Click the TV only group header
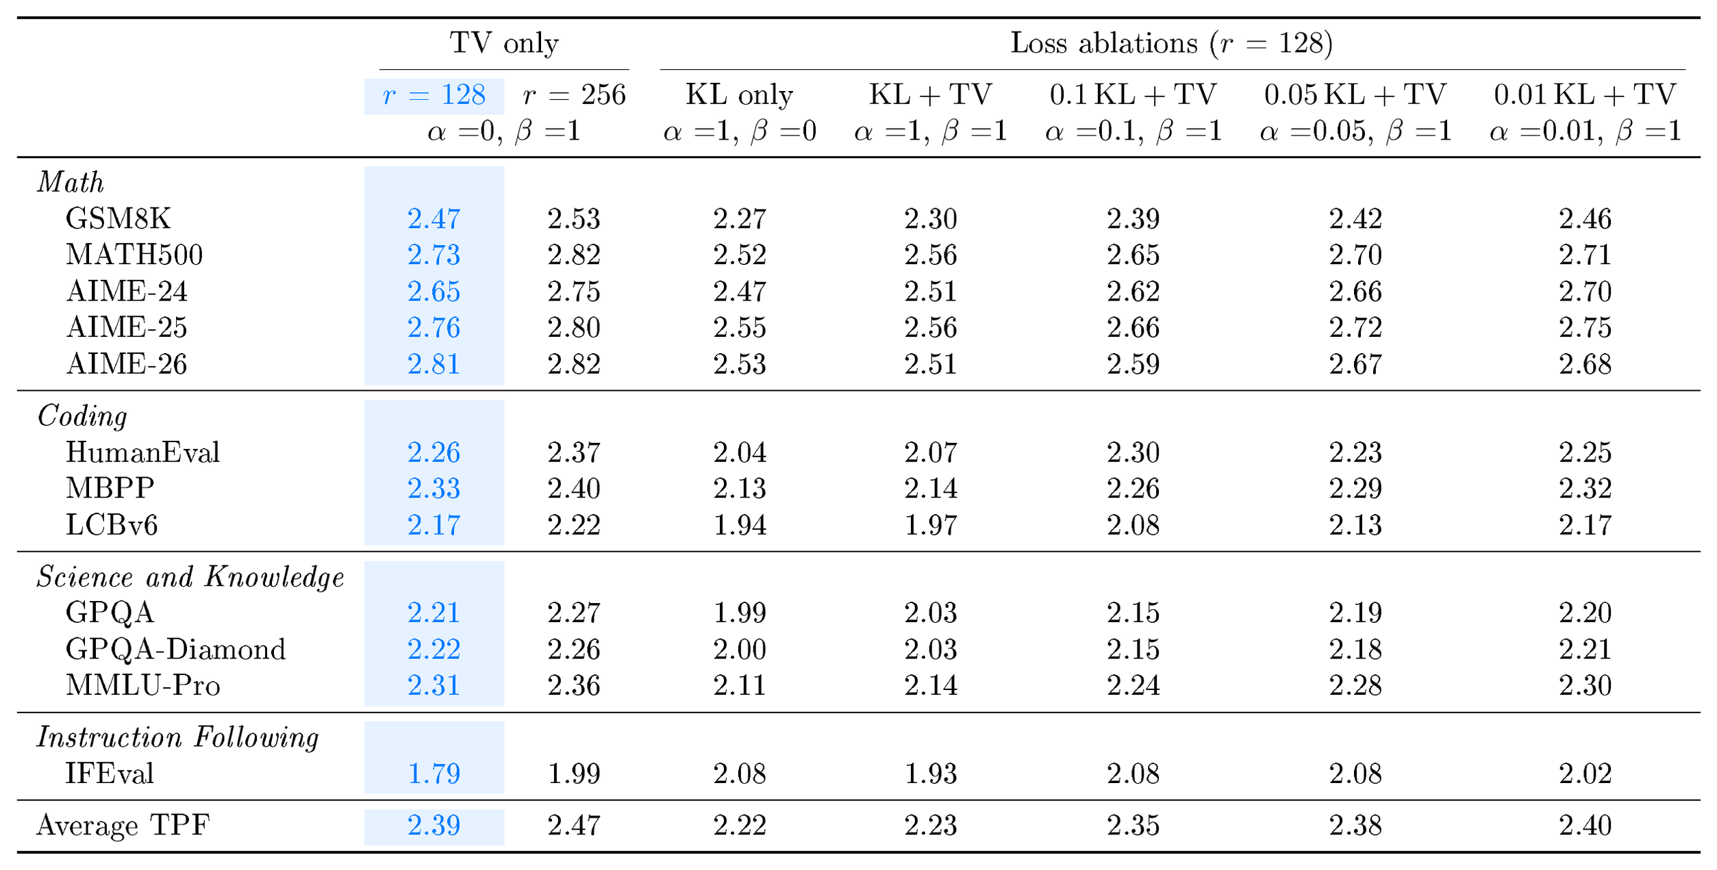[x=504, y=43]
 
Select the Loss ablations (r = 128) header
[x=1172, y=43]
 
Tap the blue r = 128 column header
[x=434, y=95]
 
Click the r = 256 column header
[x=574, y=95]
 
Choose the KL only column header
[x=740, y=95]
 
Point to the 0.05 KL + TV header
[x=1355, y=95]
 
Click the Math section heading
[x=71, y=182]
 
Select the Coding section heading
[x=82, y=415]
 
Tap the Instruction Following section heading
[x=178, y=737]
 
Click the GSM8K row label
[x=118, y=219]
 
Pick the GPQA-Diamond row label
[x=175, y=649]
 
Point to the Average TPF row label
[x=123, y=826]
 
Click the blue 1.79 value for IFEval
[x=434, y=773]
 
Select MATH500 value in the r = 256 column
[x=574, y=255]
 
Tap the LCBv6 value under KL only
[x=740, y=525]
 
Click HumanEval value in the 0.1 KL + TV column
[x=1133, y=452]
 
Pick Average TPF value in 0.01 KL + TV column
[x=1586, y=826]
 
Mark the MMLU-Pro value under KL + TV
[x=931, y=685]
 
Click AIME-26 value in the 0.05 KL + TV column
[x=1355, y=364]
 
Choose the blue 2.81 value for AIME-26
[x=434, y=364]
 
